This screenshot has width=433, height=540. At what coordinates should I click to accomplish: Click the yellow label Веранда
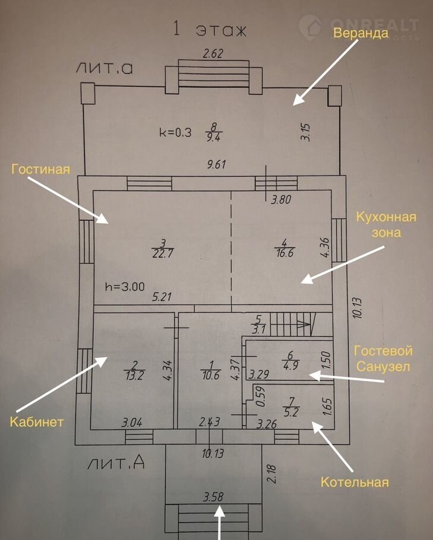click(x=360, y=33)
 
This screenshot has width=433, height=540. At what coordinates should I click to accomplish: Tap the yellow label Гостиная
click(x=40, y=170)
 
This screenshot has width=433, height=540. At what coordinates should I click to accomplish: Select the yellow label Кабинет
click(x=36, y=422)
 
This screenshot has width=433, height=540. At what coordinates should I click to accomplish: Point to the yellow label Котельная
click(x=355, y=481)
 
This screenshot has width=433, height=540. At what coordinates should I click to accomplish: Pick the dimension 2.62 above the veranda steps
click(x=213, y=55)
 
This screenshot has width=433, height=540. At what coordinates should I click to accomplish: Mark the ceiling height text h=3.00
click(x=124, y=285)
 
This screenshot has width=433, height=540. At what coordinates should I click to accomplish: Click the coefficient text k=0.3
click(x=175, y=133)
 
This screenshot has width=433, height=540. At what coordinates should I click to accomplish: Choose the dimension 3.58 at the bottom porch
click(x=213, y=496)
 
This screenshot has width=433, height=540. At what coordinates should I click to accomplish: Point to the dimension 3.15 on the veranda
click(x=305, y=132)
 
